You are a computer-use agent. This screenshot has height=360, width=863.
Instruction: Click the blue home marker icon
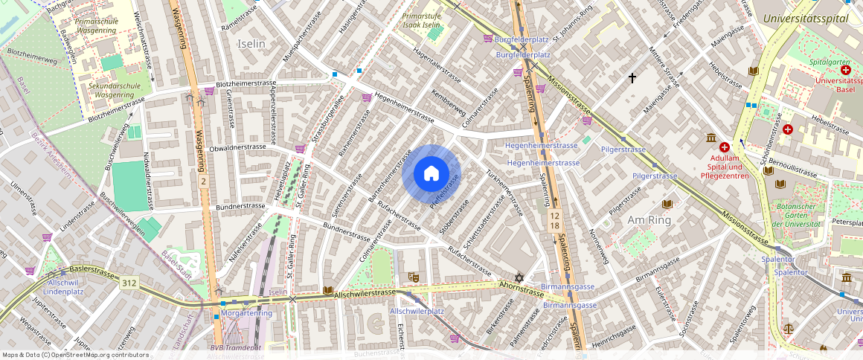pyautogui.click(x=431, y=174)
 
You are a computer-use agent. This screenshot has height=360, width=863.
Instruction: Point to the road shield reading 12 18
pyautogui.click(x=554, y=219)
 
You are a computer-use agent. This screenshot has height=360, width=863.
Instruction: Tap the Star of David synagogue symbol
pyautogui.click(x=520, y=277)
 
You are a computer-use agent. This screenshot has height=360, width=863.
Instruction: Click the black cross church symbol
pyautogui.click(x=633, y=77)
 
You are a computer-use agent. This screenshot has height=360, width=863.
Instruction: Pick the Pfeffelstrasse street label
pyautogui.click(x=444, y=190)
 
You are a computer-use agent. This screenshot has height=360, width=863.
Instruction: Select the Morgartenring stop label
pyautogui.click(x=247, y=313)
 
